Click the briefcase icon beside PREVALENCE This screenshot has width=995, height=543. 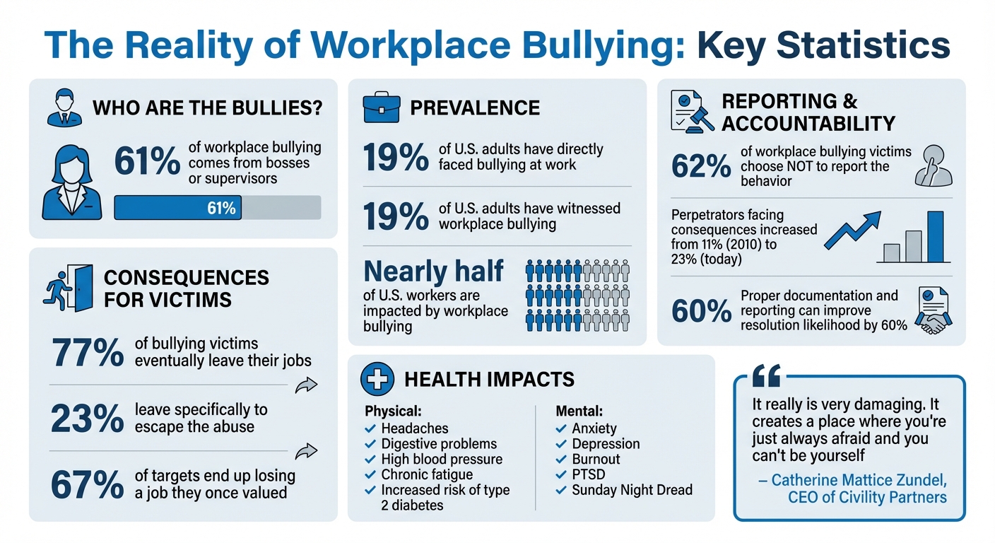pos(381,108)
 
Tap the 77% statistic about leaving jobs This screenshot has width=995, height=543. pos(88,351)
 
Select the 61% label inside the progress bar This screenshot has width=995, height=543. pos(221,208)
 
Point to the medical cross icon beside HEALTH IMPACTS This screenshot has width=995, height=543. pos(377,380)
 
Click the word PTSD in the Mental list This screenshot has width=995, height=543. pos(588,474)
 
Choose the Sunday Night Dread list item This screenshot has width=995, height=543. pos(632,490)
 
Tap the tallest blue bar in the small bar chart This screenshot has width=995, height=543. pos(934,237)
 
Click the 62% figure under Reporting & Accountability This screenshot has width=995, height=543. pos(701,166)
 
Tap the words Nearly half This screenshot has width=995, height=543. pos(433,271)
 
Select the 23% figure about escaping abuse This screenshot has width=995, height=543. pos(88,419)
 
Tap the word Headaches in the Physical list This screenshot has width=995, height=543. pos(414,428)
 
